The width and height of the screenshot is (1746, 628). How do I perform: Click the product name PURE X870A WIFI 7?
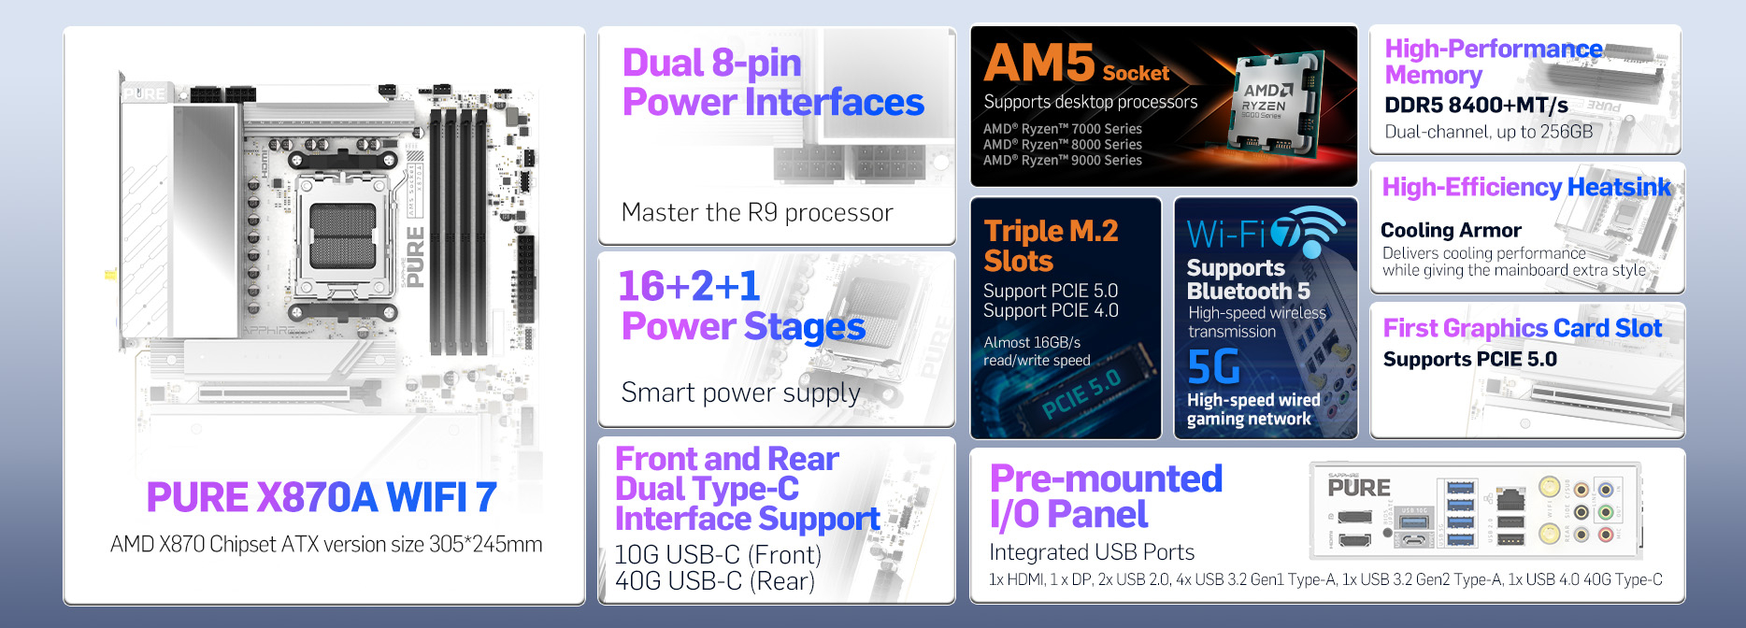point(322,497)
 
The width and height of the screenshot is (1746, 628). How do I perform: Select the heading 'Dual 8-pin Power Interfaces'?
point(773,82)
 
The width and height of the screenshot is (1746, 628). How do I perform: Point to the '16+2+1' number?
point(690,286)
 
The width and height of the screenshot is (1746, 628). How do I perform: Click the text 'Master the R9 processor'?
point(757,213)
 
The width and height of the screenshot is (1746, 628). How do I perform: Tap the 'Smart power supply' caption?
point(740,392)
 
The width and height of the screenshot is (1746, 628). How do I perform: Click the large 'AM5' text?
point(1039,64)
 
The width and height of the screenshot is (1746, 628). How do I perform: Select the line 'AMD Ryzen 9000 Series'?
point(1063,161)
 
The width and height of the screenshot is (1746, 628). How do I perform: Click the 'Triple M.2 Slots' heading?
point(1051,246)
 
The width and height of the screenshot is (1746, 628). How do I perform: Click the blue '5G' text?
point(1213,367)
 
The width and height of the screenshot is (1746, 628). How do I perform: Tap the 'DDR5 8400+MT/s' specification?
point(1476,106)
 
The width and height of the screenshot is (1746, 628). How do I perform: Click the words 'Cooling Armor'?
point(1451,230)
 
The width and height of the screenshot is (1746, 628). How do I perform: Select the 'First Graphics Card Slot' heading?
point(1523,328)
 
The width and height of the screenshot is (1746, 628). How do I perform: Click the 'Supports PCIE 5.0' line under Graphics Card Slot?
point(1470,360)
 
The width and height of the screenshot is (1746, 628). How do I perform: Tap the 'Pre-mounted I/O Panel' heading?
point(1107,496)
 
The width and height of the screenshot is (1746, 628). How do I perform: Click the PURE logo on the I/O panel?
point(1359,486)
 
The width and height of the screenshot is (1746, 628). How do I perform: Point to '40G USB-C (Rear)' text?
point(715,581)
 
